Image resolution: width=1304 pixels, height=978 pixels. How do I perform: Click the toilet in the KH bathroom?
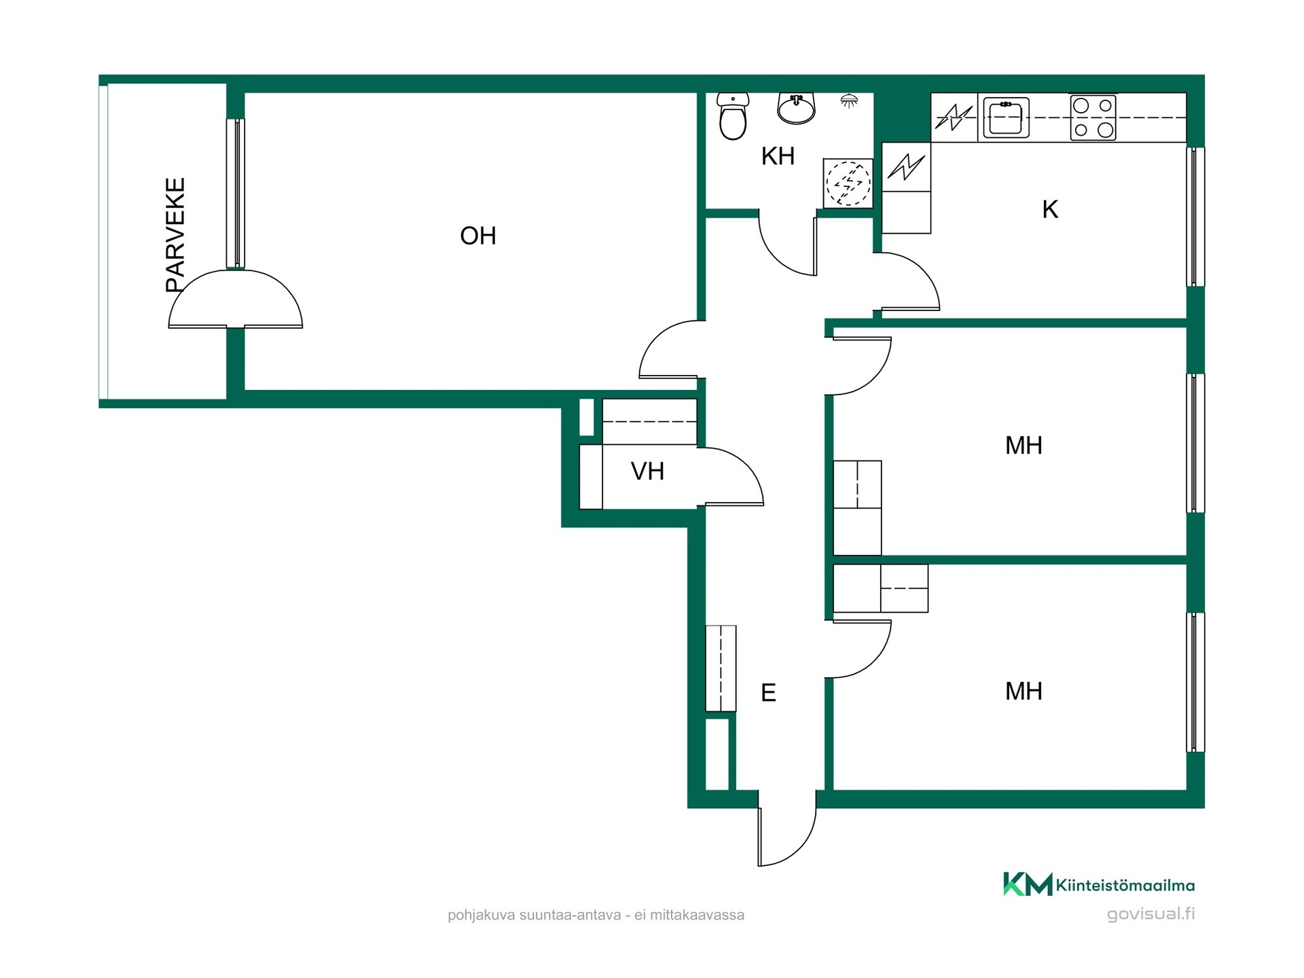[x=733, y=116]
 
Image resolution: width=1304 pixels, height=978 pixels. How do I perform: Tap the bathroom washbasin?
[x=796, y=109]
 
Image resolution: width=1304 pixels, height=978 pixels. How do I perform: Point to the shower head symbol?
[x=849, y=101]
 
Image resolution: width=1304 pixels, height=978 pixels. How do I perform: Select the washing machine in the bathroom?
[x=848, y=183]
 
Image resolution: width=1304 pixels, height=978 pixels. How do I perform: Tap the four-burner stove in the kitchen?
[x=1093, y=117]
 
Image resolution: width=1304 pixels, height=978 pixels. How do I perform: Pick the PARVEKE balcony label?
[x=175, y=235]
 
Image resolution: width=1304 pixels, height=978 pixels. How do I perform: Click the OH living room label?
[x=478, y=236]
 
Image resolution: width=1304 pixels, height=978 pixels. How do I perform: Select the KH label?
[x=778, y=156]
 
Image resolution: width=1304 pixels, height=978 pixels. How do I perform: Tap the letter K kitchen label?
[x=1050, y=209]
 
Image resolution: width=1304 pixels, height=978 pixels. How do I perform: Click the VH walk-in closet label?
[x=647, y=471]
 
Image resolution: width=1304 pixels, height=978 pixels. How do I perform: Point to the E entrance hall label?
[x=768, y=693]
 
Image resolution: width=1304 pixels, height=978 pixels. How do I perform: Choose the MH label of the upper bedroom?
[x=1024, y=446]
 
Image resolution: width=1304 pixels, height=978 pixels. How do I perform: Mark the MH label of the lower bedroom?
[x=1024, y=691]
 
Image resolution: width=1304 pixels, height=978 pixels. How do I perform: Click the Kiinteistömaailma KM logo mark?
[x=1028, y=884]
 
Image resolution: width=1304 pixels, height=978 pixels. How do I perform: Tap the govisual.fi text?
[x=1151, y=913]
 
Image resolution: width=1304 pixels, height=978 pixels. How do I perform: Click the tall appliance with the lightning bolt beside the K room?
[x=906, y=187]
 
